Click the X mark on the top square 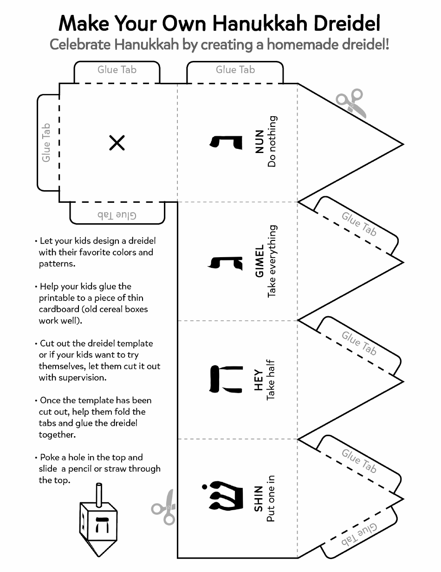(x=117, y=143)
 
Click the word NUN (x=259, y=142)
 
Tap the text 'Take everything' (x=272, y=261)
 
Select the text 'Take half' (x=272, y=379)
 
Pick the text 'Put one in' (x=272, y=499)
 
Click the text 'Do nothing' (x=272, y=142)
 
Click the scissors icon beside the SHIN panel (x=164, y=507)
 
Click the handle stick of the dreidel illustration (x=98, y=494)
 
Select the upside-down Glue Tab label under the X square (x=117, y=215)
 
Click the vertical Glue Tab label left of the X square (x=46, y=143)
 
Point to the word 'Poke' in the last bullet (x=50, y=457)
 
